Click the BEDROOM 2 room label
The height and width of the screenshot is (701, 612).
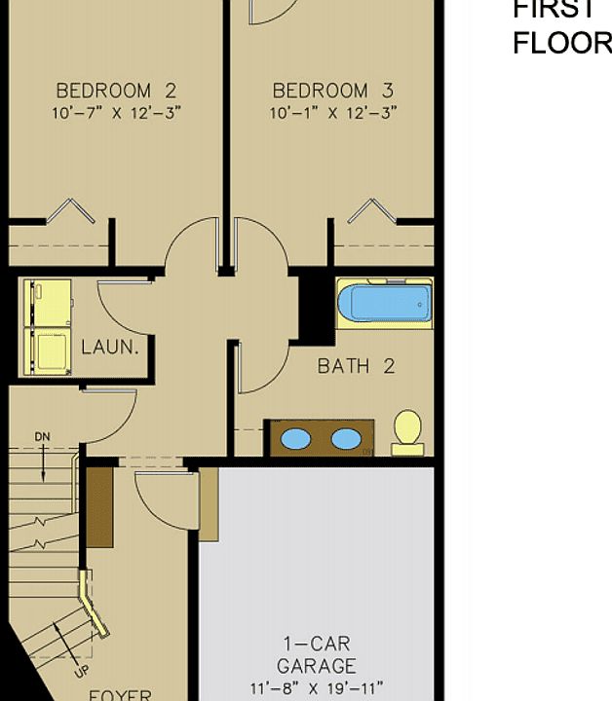point(116,91)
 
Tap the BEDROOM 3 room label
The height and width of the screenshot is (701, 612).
point(332,91)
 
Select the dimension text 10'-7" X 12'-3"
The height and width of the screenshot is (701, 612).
point(116,112)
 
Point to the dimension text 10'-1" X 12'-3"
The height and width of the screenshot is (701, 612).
point(332,112)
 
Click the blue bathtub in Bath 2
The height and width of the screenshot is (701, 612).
point(384,304)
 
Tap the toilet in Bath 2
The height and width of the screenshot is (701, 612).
point(407,431)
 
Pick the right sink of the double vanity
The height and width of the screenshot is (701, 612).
point(345,439)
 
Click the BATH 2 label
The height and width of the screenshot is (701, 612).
point(356,366)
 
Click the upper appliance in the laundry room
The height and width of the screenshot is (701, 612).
point(48,303)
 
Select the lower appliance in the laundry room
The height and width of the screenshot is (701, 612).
point(48,350)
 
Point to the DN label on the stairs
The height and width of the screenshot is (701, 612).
point(43,437)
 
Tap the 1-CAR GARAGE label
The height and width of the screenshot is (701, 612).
point(317,655)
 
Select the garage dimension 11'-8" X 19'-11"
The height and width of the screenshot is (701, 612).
point(317,688)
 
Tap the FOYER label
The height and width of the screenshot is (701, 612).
point(120,694)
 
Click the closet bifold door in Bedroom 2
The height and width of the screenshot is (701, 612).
point(70,210)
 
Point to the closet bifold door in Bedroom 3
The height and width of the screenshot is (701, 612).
point(374,210)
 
